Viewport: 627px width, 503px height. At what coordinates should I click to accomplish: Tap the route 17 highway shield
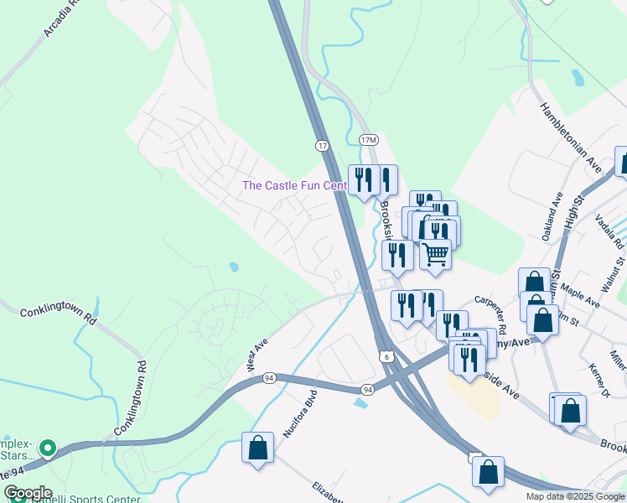coord(322,145)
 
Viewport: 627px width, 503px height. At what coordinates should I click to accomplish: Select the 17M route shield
coord(368,139)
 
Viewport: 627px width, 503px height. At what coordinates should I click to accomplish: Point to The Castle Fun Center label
coord(293,185)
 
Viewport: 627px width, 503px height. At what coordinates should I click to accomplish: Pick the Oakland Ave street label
coord(557,216)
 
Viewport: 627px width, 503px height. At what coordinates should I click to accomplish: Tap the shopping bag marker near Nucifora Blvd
coord(257,447)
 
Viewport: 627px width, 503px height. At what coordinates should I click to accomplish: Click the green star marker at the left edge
coord(48,449)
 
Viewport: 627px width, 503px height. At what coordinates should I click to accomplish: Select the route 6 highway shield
coord(386,356)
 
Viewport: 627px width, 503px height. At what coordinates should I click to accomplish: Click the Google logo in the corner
coord(27,493)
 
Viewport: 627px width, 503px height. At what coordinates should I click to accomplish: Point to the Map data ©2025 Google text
coord(574,496)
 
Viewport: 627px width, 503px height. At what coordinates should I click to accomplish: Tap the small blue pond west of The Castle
coord(233,267)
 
